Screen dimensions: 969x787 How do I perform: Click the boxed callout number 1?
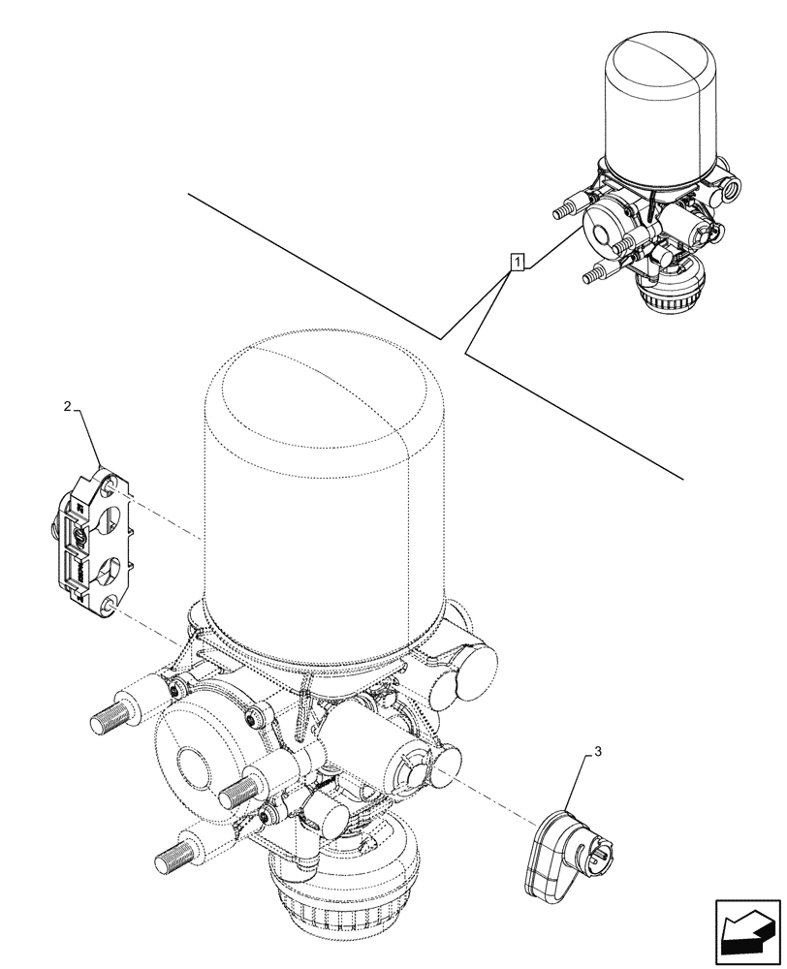[x=519, y=262]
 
